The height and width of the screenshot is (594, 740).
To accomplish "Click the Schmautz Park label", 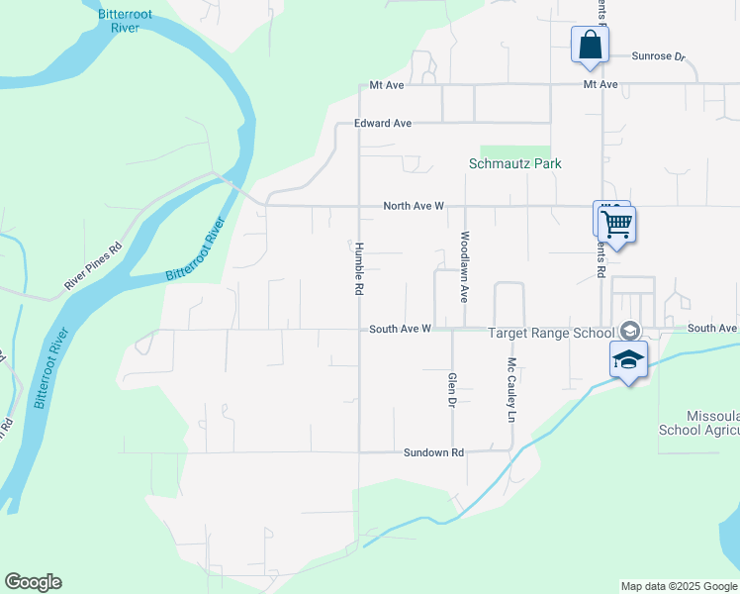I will (x=513, y=163).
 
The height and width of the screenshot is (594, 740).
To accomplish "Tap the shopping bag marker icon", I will (x=590, y=46).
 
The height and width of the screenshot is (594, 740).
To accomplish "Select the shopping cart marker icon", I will (x=616, y=225).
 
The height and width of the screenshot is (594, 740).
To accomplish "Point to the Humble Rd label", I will (x=360, y=270).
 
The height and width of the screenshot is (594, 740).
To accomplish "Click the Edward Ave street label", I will (x=383, y=124).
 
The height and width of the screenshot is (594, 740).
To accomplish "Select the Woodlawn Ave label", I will (x=463, y=267).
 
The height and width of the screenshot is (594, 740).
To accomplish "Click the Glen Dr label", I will (x=452, y=391).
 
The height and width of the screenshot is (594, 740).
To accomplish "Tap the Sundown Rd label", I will (x=433, y=452).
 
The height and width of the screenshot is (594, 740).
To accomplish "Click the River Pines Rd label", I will (x=92, y=266).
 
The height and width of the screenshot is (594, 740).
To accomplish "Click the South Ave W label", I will (x=401, y=329).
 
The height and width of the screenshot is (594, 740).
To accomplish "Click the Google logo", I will (x=33, y=582).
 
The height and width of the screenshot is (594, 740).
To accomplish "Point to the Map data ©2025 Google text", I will (x=678, y=586).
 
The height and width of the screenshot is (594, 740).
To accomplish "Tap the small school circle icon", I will (x=629, y=331).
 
